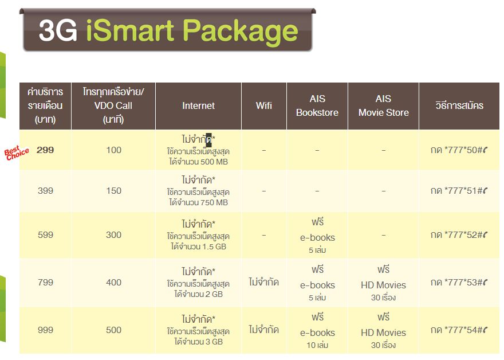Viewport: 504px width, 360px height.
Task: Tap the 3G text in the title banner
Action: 58,31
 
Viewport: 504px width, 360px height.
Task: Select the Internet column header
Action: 198,105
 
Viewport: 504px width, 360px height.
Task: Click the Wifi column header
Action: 264,105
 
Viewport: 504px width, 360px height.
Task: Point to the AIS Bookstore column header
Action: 317,105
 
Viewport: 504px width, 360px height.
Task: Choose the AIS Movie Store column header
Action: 384,105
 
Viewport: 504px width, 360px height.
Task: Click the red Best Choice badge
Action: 17,153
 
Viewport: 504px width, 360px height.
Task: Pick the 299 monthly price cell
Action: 45,150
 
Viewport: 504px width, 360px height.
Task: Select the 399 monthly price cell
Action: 45,190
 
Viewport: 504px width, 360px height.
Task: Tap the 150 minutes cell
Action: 114,190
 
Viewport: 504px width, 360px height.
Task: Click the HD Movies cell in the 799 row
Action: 384,283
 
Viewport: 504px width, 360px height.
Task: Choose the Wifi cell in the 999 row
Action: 264,330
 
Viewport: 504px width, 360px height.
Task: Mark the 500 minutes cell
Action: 114,330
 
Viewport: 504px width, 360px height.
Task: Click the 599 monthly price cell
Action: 45,234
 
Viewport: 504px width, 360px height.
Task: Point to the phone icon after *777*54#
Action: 485,330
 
